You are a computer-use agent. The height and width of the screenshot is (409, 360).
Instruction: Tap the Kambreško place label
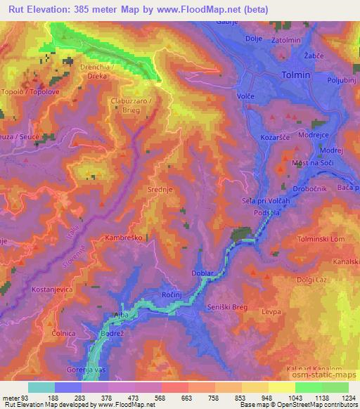point(125,238)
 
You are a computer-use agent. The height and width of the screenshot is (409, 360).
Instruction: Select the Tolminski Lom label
point(324,238)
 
